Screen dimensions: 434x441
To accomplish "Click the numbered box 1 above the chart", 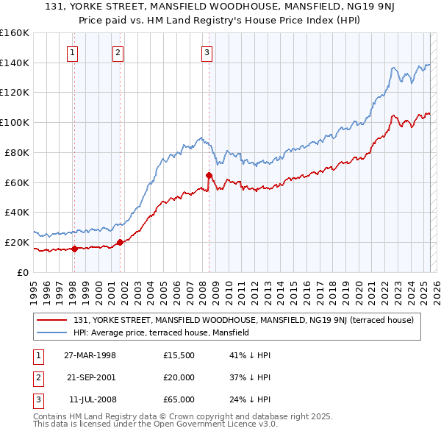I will pos(73,52).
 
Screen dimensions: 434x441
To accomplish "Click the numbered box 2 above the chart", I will pos(118,52).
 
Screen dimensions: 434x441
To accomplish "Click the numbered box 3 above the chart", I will pos(207,52).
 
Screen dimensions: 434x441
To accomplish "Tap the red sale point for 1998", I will pos(74,249).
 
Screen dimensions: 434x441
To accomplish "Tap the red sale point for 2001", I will pos(120,242).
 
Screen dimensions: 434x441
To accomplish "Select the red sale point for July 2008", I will pos(209,175).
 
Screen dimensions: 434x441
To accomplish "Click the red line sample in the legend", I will pos(51,320).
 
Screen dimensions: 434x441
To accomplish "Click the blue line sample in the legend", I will pos(51,332).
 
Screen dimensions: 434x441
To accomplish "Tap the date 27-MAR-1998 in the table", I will pos(90,355).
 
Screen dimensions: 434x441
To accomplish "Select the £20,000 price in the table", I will pos(179,377).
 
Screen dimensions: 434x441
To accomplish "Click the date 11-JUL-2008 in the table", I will pos(90,399).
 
